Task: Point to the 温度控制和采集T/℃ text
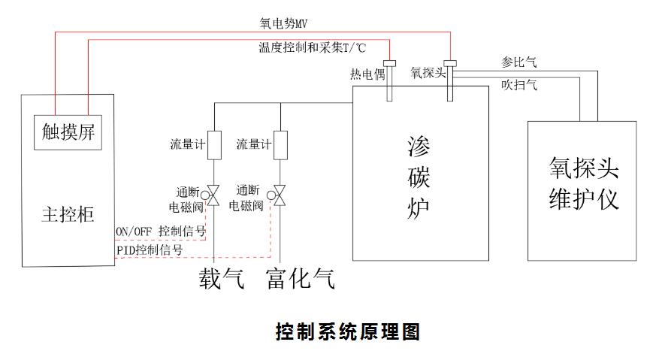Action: click(x=312, y=47)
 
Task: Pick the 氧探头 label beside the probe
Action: click(x=428, y=73)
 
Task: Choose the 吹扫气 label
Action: click(x=518, y=86)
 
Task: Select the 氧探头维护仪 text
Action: click(x=585, y=184)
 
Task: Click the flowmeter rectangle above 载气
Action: click(x=214, y=145)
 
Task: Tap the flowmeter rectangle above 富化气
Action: click(x=280, y=145)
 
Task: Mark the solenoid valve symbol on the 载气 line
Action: click(x=214, y=196)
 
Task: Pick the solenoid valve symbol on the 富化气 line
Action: click(x=280, y=196)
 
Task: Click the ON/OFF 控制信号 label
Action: click(x=161, y=231)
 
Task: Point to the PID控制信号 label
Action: click(x=150, y=250)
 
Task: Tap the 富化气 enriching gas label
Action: click(x=299, y=280)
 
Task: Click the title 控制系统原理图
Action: click(x=347, y=331)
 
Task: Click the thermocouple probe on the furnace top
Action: click(x=390, y=80)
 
